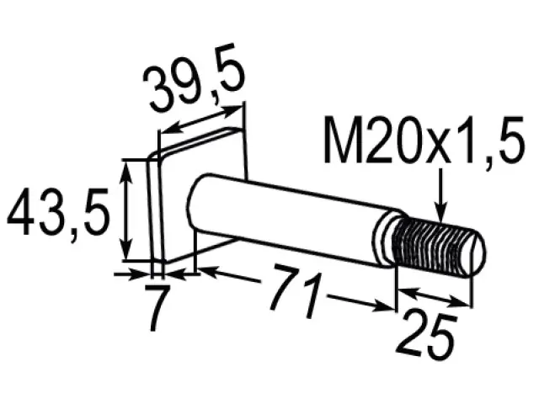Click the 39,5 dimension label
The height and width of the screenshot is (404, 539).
click(x=195, y=78)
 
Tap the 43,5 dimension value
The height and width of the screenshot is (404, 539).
click(x=58, y=212)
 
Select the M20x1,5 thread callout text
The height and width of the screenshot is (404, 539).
click(x=424, y=141)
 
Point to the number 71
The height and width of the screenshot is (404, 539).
click(x=295, y=290)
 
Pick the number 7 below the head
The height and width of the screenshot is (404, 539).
click(x=157, y=307)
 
